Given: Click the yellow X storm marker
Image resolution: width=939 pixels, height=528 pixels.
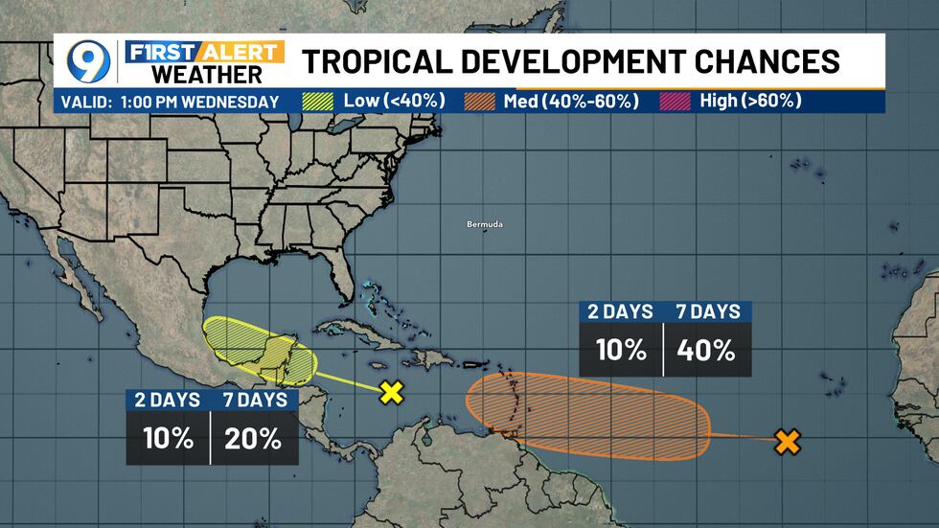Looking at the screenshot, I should coord(391,391).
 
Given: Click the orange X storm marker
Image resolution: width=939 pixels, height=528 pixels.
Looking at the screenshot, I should coord(787,442).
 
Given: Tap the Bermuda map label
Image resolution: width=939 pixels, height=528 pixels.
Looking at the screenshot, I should coord(484,224).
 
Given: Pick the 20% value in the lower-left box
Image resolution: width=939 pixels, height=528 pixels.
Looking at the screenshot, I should coord(254,439).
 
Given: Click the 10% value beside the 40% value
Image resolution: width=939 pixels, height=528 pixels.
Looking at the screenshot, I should coord(621,350).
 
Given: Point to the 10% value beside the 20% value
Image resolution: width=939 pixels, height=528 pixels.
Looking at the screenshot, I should coord(167,439).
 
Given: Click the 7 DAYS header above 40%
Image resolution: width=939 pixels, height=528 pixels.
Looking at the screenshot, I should coord(708,311).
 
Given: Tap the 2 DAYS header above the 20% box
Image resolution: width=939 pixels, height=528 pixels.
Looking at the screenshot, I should coord(167,401).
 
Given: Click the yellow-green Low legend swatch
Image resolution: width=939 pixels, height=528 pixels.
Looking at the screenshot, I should coord(317,101).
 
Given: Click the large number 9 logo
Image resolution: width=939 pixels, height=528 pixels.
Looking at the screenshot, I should coord(87,62).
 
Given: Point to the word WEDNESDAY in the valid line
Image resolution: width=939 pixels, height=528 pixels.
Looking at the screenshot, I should coord(236,102).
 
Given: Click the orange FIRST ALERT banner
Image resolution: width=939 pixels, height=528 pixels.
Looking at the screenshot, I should coord(206,52).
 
